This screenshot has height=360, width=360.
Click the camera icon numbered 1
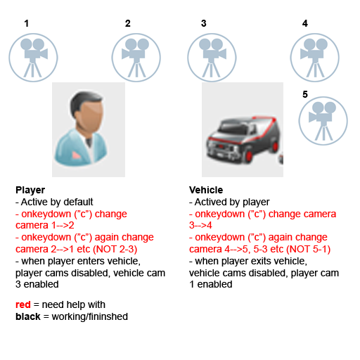33,58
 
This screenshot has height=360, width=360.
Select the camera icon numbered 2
136,58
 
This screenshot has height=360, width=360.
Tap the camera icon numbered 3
212,58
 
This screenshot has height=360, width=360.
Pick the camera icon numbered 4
315,58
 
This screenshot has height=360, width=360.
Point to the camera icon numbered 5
323,121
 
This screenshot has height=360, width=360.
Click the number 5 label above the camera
305,94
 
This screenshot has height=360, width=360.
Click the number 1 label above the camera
27,23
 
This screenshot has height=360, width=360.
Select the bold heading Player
30,190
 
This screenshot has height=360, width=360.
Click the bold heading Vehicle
206,190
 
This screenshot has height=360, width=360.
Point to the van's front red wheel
249,156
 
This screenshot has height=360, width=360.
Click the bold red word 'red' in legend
23,304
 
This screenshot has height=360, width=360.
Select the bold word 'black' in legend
28,316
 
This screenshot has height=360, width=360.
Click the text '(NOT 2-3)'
115,249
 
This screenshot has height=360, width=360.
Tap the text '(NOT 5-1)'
309,249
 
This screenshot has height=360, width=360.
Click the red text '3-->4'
200,225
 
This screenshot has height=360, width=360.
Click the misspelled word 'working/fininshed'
90,316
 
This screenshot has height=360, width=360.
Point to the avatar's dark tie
89,142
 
